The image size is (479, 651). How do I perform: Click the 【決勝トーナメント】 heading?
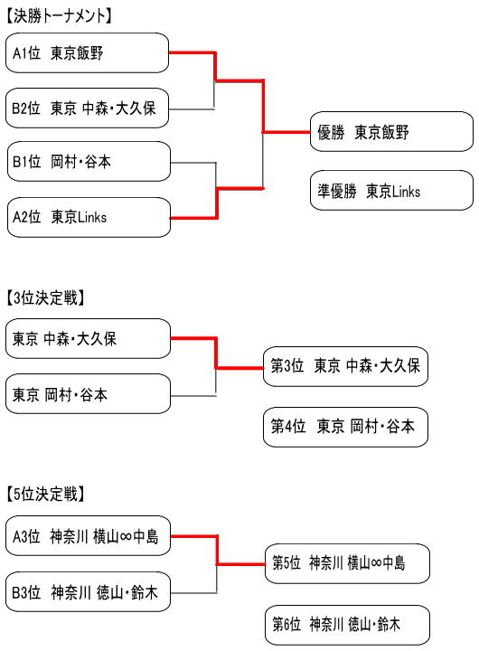pos(59,16)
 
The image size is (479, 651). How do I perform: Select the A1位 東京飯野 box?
pos(87,52)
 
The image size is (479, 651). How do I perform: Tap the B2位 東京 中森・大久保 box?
pos(87,108)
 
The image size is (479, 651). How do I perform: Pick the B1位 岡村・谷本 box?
pos(89,162)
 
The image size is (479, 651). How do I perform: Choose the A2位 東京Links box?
pos(89,217)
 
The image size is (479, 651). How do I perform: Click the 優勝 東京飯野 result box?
pos(391,132)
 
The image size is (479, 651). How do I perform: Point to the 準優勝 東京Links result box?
pos(391,191)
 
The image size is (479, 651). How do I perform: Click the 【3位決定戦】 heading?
pos(45,298)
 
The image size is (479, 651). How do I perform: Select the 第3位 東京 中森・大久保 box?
pos(345,366)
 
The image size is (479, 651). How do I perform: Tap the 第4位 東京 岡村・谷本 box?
pos(345,427)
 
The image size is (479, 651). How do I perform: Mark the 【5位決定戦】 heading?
pos(45,494)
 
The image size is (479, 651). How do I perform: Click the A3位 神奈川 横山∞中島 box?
pos(88,536)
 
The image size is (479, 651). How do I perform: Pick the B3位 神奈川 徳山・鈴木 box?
pos(88,591)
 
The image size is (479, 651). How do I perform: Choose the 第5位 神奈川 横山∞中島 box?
pos(347,563)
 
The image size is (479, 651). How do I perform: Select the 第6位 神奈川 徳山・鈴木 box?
pos(347,625)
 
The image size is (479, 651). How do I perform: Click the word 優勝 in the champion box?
pos(331,132)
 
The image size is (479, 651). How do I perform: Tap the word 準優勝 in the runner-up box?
pos(337,192)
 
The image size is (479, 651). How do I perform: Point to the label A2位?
pos(26,217)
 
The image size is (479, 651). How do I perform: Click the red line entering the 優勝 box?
pos(286,132)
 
